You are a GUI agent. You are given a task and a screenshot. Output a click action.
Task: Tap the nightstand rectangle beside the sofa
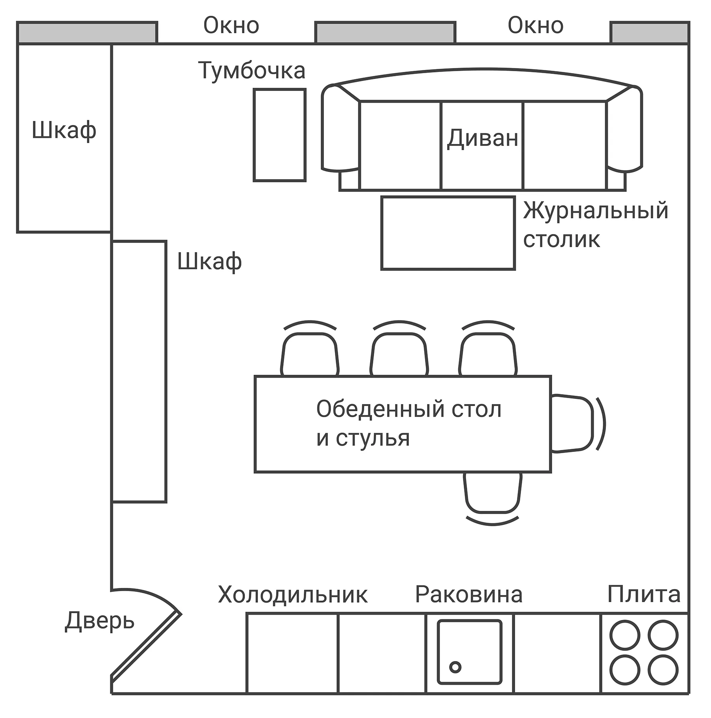pyautogui.click(x=280, y=135)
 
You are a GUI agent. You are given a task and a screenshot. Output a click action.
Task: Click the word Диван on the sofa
pyautogui.click(x=482, y=139)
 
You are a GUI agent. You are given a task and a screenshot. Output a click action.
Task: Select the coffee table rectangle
pyautogui.click(x=448, y=233)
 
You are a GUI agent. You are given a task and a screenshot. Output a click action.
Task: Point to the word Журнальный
pyautogui.click(x=595, y=211)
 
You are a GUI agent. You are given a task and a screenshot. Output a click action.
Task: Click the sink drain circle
pyautogui.click(x=455, y=667)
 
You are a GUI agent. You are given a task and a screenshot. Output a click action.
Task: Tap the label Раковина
pyautogui.click(x=468, y=594)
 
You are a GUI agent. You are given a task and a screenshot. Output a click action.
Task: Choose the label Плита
pyautogui.click(x=644, y=594)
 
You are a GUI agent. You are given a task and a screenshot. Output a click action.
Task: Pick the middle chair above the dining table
pyautogui.click(x=399, y=355)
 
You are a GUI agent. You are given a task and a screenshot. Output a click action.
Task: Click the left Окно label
pyautogui.click(x=231, y=26)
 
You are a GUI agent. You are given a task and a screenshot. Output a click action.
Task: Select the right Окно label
pyautogui.click(x=535, y=26)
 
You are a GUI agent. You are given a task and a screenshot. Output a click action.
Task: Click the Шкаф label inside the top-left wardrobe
pyautogui.click(x=64, y=130)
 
